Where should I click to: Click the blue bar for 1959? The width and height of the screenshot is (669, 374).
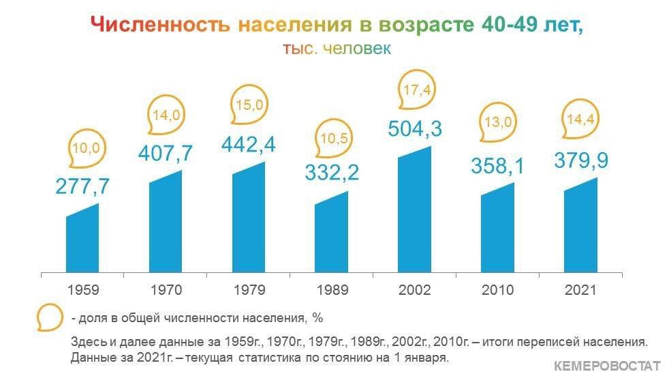[x=82, y=240]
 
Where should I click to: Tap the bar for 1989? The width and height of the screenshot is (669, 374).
[x=332, y=233]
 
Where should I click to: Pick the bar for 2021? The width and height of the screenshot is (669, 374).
[x=580, y=226]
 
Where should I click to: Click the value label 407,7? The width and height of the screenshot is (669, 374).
[x=166, y=153]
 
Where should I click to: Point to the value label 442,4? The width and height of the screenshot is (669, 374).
[x=248, y=145]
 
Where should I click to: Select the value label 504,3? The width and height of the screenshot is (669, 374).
[x=415, y=128]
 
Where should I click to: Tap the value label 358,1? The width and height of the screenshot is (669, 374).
[x=497, y=165]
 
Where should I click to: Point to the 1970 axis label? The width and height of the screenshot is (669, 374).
[x=166, y=290]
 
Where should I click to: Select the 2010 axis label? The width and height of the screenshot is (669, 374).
[x=497, y=290]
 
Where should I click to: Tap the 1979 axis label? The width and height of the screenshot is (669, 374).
[x=249, y=290]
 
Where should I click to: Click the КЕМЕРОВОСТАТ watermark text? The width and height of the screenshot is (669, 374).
[x=607, y=366]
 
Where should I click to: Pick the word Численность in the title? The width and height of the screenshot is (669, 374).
[x=160, y=25]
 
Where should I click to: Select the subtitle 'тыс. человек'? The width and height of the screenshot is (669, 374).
[x=337, y=48]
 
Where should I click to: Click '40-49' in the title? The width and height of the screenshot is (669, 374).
[x=510, y=24]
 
